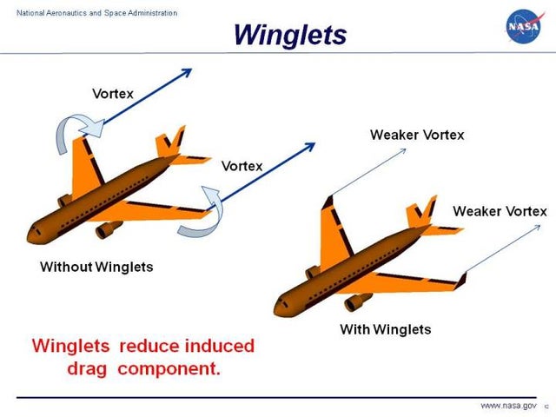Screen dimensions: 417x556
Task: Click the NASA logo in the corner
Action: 524,26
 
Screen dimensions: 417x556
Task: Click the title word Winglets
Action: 290,34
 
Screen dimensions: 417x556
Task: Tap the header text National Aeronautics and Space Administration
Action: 91,12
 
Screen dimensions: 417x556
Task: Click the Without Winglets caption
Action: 96,267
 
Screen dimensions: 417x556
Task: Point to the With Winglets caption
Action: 385,329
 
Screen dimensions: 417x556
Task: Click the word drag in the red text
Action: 94,367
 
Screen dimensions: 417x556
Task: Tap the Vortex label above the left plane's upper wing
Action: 113,93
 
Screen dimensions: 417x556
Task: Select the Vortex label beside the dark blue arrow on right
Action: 242,166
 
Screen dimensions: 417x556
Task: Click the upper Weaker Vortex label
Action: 417,135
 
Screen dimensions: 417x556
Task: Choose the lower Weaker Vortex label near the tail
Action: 500,211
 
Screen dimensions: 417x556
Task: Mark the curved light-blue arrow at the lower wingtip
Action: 198,214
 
